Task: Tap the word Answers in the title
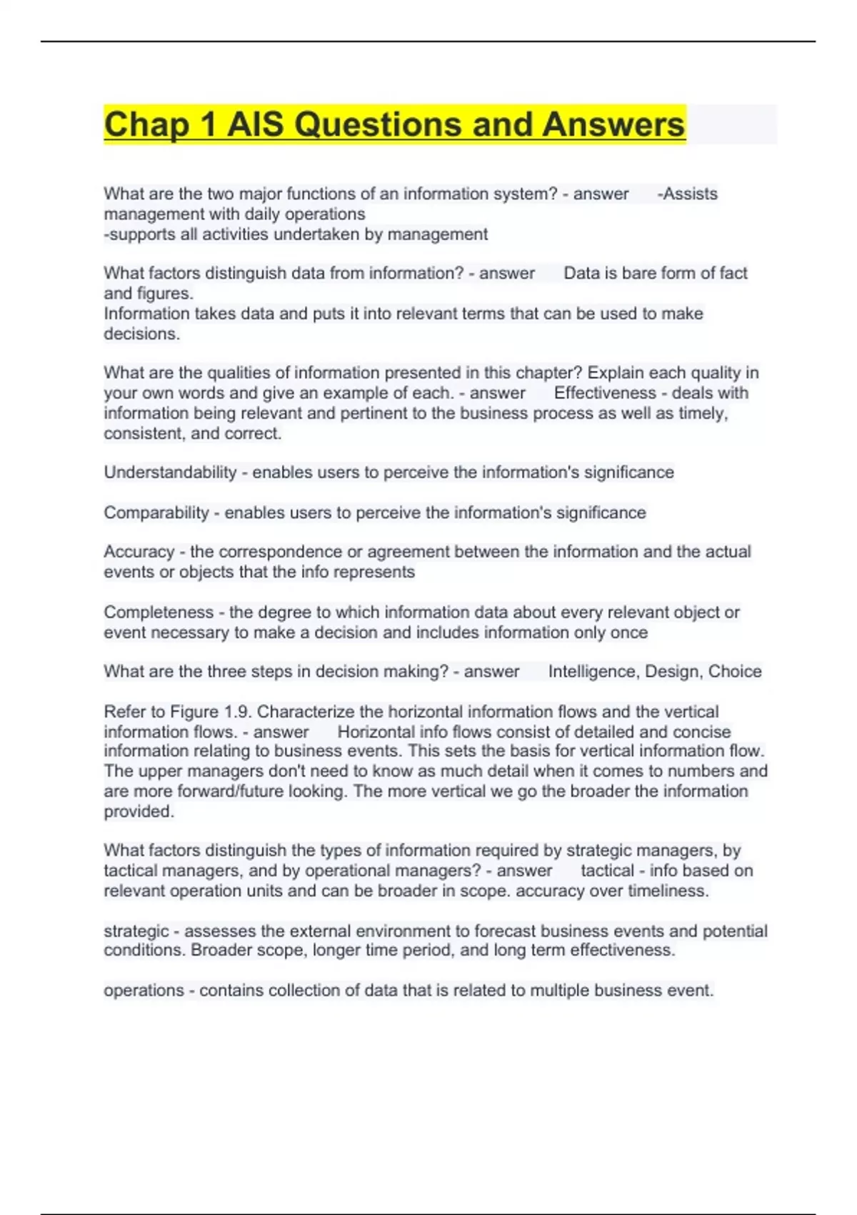613,125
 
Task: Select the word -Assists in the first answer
687,194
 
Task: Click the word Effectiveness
605,393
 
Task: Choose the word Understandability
170,472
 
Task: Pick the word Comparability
156,512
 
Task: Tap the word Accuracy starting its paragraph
139,552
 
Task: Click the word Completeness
159,613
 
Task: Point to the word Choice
735,672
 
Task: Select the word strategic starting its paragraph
136,931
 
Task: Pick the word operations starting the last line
144,991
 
